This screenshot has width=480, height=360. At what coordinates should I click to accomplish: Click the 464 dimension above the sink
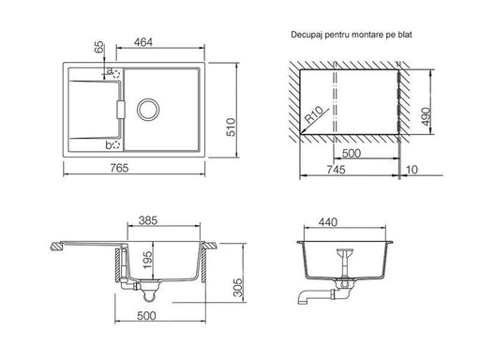(143, 42)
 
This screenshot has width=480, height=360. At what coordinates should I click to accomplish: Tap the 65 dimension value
(99, 47)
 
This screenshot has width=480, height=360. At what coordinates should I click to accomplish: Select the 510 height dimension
(231, 127)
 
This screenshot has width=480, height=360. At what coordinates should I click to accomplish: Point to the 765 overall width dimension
(119, 168)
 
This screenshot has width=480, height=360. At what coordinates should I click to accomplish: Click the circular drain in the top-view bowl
(148, 110)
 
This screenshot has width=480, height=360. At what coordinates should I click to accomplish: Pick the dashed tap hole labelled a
(116, 74)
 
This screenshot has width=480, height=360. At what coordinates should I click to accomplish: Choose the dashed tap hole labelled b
(116, 145)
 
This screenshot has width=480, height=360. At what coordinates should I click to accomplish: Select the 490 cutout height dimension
(426, 116)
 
